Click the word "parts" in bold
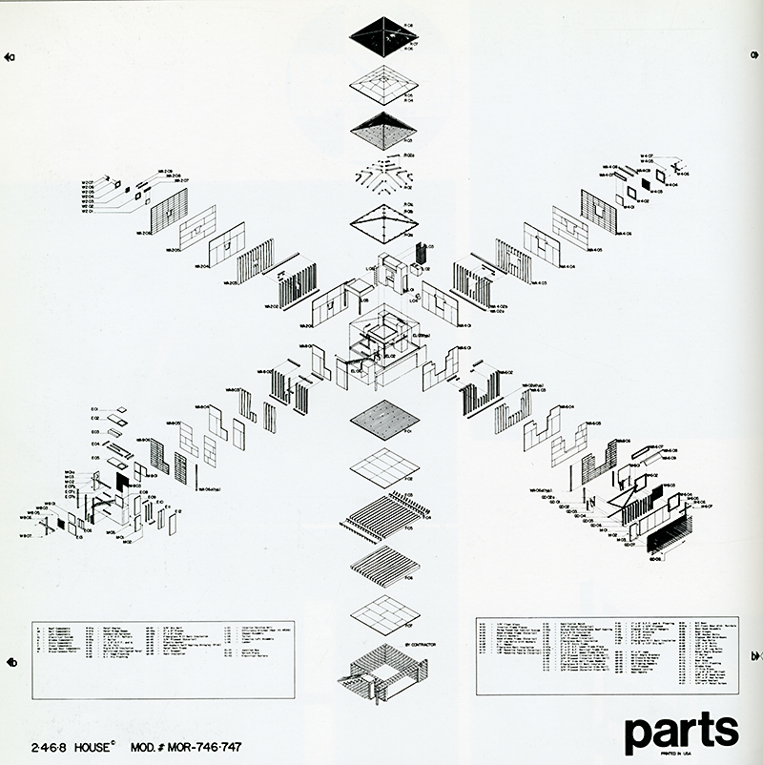(681, 730)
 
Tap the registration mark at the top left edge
(10, 57)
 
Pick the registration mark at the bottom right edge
(755, 656)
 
